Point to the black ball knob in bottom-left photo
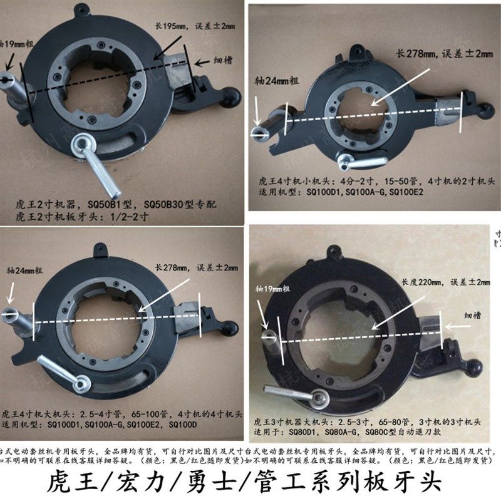click(231, 328)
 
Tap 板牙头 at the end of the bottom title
click(411, 479)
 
